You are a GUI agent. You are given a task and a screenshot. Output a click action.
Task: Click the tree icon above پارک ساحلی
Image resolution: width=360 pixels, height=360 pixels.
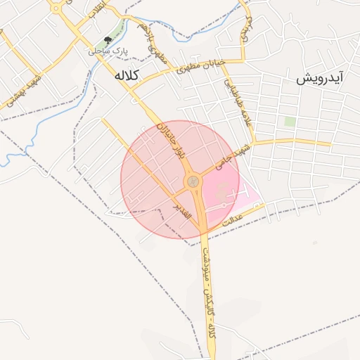[x=108, y=41]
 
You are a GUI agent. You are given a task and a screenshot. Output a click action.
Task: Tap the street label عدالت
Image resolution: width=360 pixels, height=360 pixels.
[x=233, y=219]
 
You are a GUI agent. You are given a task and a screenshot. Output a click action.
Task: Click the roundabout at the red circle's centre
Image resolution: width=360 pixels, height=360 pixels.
[x=193, y=183]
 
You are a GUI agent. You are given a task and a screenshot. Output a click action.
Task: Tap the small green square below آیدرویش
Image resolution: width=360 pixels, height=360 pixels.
[x=289, y=121]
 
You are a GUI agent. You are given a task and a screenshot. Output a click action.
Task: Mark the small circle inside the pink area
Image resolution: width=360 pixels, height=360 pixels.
[x=224, y=205]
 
